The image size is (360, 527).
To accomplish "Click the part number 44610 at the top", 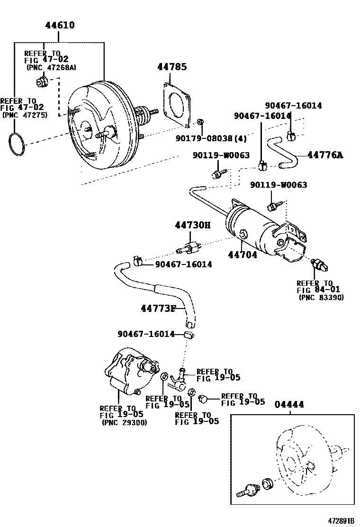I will (x=60, y=25).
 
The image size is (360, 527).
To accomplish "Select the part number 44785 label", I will (x=172, y=67).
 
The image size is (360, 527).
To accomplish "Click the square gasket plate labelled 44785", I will (x=176, y=104).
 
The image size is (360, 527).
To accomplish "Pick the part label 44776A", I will (x=325, y=154).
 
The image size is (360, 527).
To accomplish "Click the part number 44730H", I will (x=192, y=225).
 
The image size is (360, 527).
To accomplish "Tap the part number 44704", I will (x=243, y=254).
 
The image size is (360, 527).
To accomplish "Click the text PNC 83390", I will (x=322, y=297).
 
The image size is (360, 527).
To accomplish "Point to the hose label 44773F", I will (x=158, y=309).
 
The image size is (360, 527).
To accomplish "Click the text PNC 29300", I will (x=125, y=423).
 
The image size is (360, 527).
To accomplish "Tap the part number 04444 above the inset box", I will (x=289, y=404).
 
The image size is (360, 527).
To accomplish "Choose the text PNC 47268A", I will (x=51, y=68).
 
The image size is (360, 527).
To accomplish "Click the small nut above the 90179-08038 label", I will (x=200, y=123).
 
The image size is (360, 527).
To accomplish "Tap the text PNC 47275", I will (x=25, y=115).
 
